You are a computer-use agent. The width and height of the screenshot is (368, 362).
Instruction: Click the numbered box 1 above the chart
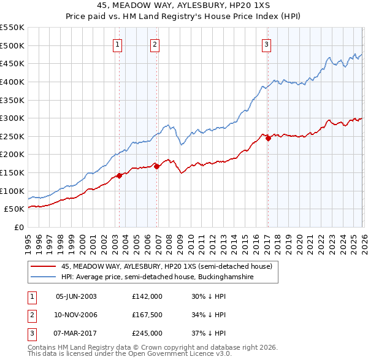coord(117,44)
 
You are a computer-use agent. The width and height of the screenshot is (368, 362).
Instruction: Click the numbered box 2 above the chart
coord(155,44)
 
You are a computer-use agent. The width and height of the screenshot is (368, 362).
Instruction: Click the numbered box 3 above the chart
coord(267,44)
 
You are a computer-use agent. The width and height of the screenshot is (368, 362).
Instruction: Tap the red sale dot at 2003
coord(119,175)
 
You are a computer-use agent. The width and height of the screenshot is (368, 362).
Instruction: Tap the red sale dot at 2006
coord(156,166)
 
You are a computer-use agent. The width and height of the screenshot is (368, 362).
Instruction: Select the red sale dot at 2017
coord(268,138)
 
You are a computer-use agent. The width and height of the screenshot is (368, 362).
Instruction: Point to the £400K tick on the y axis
coord(12,82)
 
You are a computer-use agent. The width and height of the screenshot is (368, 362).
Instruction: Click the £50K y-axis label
coord(14,209)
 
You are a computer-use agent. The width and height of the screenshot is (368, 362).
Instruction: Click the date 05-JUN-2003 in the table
coord(76,296)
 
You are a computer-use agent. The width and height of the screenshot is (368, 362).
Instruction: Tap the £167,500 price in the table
coord(147,315)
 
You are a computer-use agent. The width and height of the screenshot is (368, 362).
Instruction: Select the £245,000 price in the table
coord(147,333)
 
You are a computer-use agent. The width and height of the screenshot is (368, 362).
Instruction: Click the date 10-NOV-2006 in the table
coord(76,315)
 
